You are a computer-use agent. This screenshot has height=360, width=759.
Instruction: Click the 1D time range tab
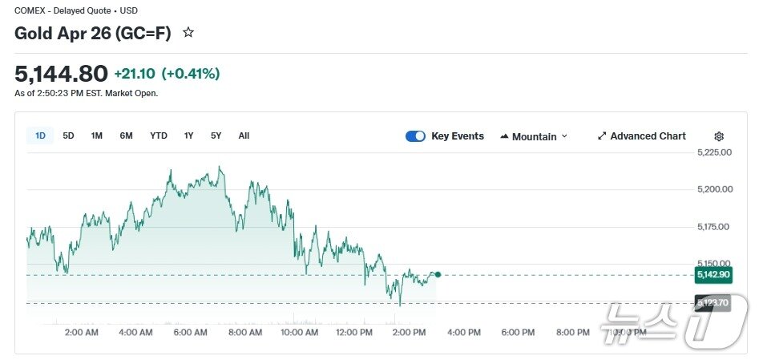pyautogui.click(x=40, y=136)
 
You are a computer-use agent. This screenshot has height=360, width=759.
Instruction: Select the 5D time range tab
pyautogui.click(x=69, y=136)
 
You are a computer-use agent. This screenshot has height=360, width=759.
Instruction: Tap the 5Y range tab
pyautogui.click(x=216, y=136)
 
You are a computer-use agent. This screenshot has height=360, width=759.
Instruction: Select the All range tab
pyautogui.click(x=244, y=136)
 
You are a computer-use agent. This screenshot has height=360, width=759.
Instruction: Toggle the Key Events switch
pyautogui.click(x=415, y=136)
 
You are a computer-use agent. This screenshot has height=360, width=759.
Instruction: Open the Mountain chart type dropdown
pyautogui.click(x=534, y=136)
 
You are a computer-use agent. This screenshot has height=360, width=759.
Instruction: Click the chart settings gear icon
pyautogui.click(x=719, y=136)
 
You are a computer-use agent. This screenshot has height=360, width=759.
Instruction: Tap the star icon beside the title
pyautogui.click(x=188, y=33)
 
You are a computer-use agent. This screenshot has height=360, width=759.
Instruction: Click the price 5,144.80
pyautogui.click(x=61, y=74)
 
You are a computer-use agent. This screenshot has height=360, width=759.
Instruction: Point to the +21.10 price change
pyautogui.click(x=135, y=74)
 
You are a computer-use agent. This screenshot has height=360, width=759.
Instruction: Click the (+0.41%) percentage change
pyautogui.click(x=191, y=74)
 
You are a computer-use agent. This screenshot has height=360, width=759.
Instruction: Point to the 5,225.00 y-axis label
pyautogui.click(x=715, y=153)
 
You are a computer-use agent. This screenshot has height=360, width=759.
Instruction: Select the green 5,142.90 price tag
pyautogui.click(x=713, y=275)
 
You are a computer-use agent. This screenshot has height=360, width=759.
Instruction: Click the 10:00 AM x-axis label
pyautogui.click(x=300, y=332)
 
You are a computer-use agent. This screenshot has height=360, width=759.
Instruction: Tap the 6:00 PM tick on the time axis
pyautogui.click(x=518, y=332)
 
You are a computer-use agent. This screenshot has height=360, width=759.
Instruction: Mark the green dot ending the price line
pyautogui.click(x=438, y=275)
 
